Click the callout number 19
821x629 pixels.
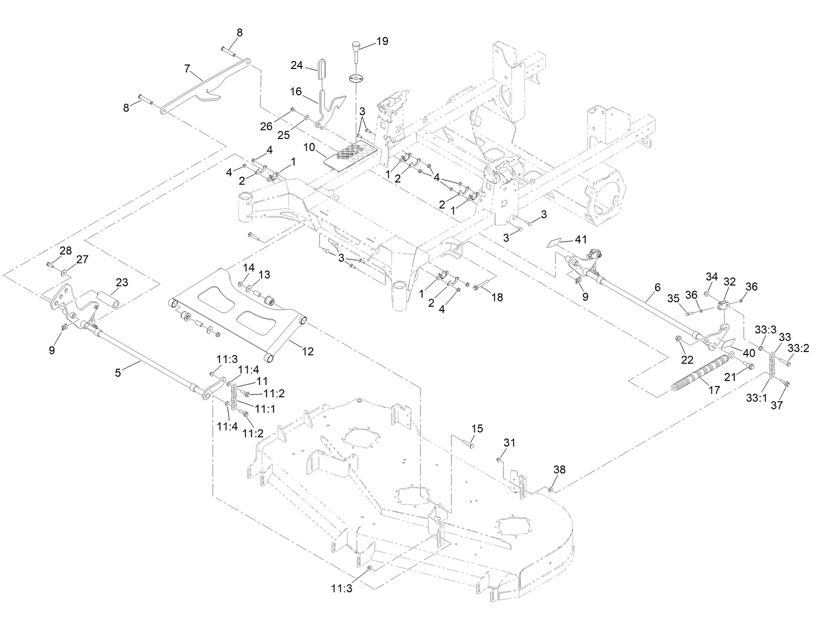pos(382,41)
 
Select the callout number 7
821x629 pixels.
pos(187,68)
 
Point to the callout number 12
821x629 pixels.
pos(308,351)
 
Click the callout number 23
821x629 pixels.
pos(122,282)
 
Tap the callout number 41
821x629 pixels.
pos(580,239)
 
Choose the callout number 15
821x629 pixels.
pos(477,428)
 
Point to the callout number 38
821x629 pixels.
pos(559,469)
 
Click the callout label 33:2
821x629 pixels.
pos(798,348)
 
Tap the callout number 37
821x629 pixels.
pos(776,406)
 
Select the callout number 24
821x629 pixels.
pos(297,65)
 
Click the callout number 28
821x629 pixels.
pos(66,250)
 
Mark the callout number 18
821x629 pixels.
pos(497,297)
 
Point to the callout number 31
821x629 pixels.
pos(509,442)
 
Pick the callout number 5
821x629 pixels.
pos(118,372)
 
